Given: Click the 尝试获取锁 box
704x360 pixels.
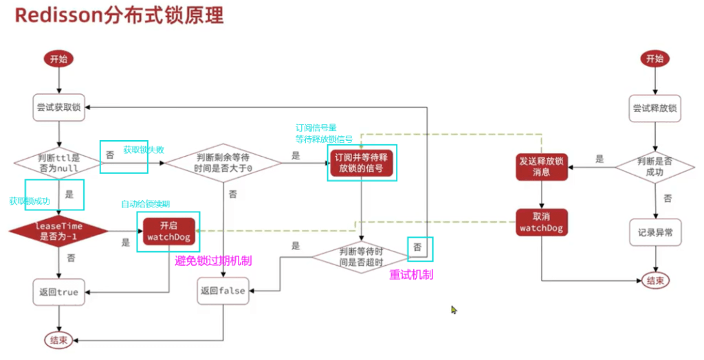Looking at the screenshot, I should point(60,107).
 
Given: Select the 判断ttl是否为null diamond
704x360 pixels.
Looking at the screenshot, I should point(58,163).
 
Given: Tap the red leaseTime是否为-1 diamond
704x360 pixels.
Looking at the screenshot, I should point(58,231).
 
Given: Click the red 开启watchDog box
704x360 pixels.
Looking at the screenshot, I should point(168,231).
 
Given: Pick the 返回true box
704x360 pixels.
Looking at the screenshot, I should point(58,291).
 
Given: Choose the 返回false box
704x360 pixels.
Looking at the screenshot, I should point(223,291).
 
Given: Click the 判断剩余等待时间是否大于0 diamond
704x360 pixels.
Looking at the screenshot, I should point(223,163).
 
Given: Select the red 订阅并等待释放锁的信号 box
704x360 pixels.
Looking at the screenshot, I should point(362,163).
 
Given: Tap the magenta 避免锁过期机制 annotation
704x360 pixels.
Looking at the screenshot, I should point(214,260).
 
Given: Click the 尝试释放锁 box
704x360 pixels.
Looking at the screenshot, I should point(654,107).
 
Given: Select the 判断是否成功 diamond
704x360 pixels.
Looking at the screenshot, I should point(656,165).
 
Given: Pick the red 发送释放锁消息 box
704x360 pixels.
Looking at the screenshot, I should point(542,166).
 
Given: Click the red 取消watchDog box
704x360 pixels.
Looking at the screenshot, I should point(542,222).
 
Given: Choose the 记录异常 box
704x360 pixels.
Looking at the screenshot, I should point(654,232).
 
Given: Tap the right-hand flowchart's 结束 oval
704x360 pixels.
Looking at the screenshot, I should point(654,280).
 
